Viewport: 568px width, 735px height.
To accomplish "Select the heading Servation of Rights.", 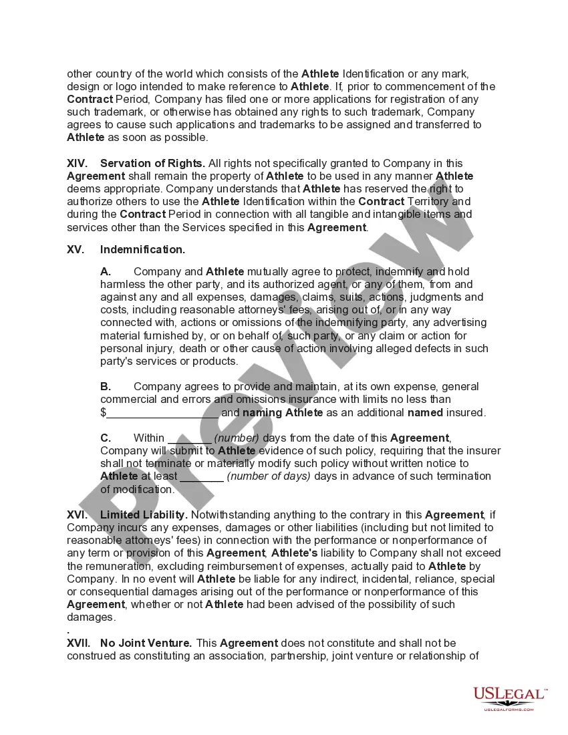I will click(153, 163).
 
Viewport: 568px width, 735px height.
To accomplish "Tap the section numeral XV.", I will click(75, 249).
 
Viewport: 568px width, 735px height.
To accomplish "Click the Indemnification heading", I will click(142, 249).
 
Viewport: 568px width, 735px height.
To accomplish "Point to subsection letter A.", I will click(106, 271).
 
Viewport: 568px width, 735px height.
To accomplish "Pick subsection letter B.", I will click(106, 386).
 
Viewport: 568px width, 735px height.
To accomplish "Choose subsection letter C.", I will click(106, 438).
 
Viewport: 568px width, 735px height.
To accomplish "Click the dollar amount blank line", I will click(162, 414).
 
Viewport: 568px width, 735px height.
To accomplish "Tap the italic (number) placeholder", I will click(237, 438).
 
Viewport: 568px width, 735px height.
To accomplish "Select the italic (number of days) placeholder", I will click(269, 476).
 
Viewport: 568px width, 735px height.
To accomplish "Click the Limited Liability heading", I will click(143, 514).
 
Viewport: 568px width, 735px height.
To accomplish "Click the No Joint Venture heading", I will click(146, 643).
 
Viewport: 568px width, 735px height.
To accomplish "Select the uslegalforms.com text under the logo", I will click(509, 709).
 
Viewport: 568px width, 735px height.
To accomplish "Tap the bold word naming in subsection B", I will click(262, 412).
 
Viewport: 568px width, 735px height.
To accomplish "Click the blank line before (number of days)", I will click(202, 477).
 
